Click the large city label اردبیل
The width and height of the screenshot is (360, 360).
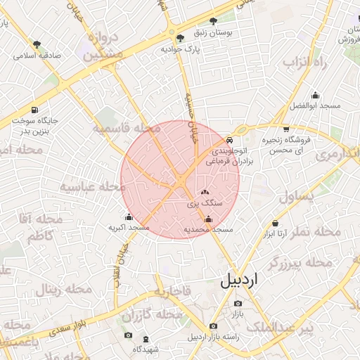(x=239, y=279)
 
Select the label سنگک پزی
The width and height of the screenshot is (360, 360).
(x=205, y=202)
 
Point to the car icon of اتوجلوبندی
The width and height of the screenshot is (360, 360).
(x=231, y=140)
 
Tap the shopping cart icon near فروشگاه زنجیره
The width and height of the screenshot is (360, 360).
(x=285, y=129)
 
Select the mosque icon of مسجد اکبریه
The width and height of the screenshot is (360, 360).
(x=129, y=217)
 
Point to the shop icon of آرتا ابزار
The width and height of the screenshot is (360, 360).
(x=275, y=224)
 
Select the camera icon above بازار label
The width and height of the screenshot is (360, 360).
(x=238, y=304)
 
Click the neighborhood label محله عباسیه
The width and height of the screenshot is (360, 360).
(x=87, y=187)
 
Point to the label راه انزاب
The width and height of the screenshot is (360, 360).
(x=307, y=63)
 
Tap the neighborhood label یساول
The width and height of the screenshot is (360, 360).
(x=300, y=196)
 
